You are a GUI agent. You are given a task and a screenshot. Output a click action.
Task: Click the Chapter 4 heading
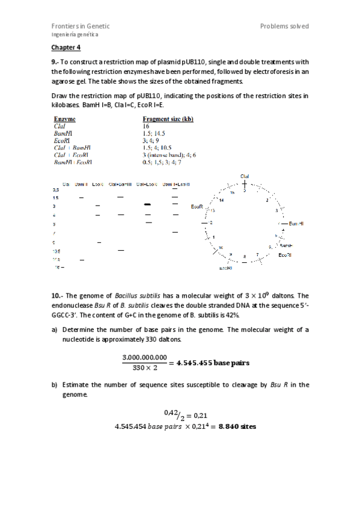click(x=66, y=47)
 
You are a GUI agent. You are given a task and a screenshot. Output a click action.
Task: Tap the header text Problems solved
click(x=284, y=26)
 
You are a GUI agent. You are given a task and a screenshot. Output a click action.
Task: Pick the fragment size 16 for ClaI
click(x=146, y=127)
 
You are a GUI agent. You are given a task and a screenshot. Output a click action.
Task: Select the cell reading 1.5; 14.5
click(x=153, y=134)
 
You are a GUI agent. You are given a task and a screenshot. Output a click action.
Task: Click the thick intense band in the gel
click(x=147, y=205)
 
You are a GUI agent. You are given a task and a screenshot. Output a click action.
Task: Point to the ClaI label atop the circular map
click(x=245, y=176)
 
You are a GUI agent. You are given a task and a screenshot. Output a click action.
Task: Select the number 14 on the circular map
click(x=222, y=200)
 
